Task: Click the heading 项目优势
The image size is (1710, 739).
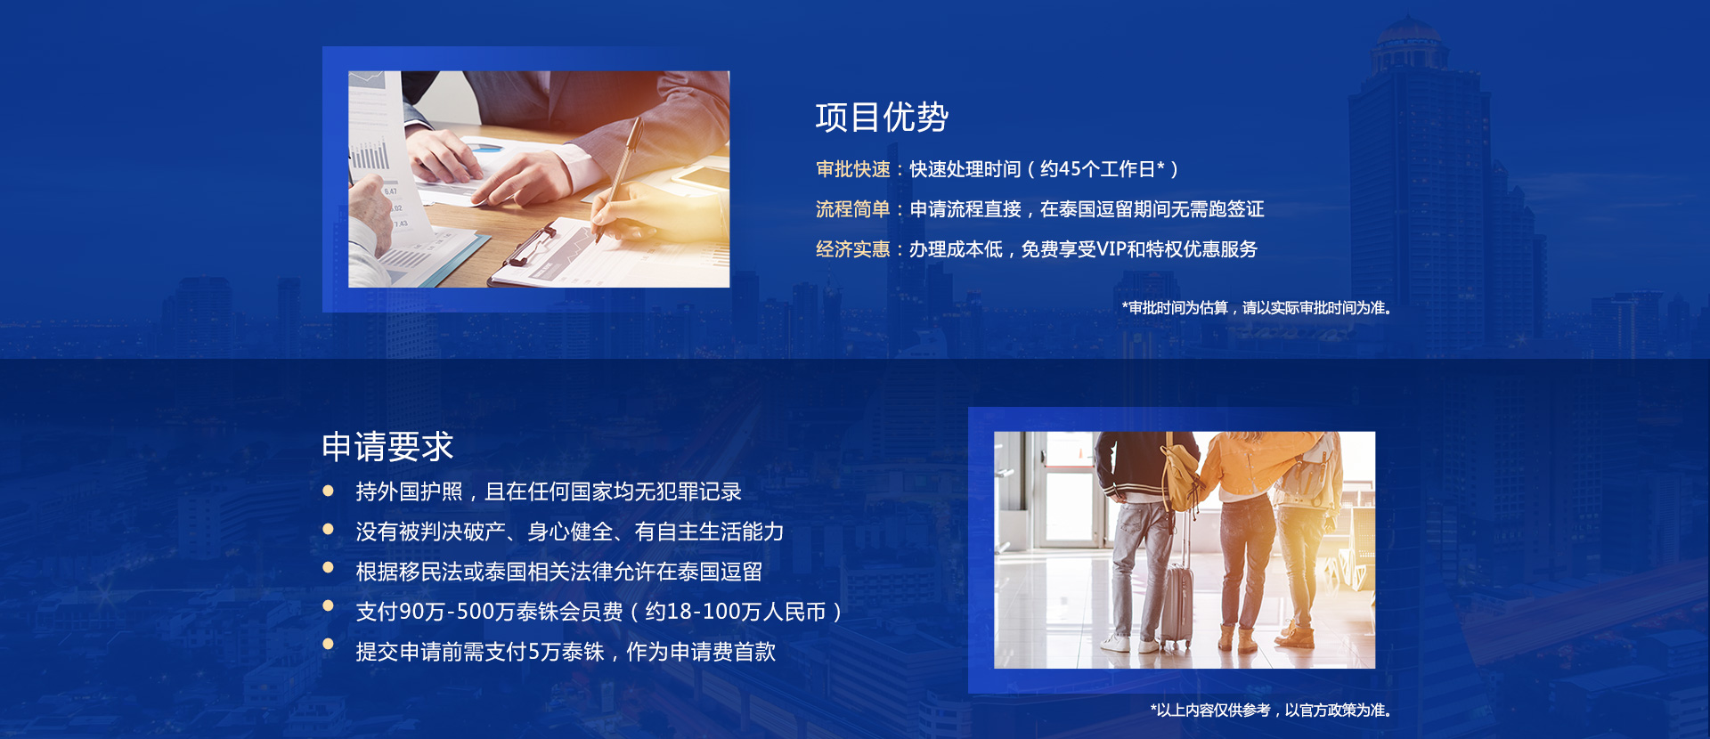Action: pyautogui.click(x=882, y=118)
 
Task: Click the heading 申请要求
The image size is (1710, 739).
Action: pyautogui.click(x=387, y=446)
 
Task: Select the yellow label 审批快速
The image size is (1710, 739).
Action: pyautogui.click(x=852, y=169)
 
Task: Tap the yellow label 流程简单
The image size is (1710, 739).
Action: pyautogui.click(x=852, y=209)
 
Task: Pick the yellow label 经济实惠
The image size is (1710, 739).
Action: pyautogui.click(x=852, y=249)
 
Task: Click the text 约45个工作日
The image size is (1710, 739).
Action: pyautogui.click(x=1102, y=169)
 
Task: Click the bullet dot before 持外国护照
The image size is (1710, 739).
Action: pyautogui.click(x=328, y=491)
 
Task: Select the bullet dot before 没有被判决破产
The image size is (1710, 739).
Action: pyautogui.click(x=328, y=530)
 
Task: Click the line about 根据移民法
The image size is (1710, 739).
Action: pyautogui.click(x=558, y=572)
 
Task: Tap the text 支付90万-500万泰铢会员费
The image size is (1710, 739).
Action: pyautogui.click(x=489, y=612)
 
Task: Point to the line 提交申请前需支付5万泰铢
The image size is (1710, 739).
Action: pyautogui.click(x=566, y=652)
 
